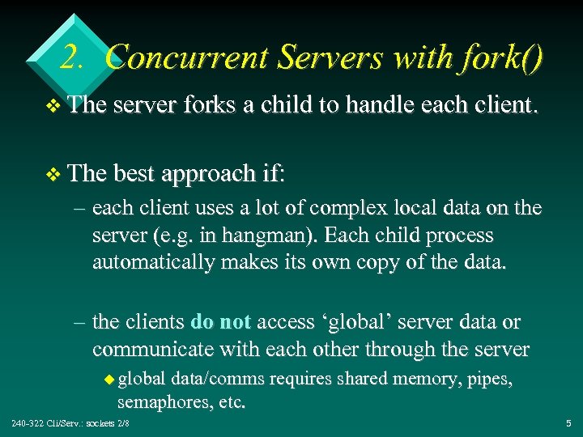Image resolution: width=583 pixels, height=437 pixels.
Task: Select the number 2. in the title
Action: click(75, 57)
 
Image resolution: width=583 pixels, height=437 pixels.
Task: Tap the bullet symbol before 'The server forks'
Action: click(53, 127)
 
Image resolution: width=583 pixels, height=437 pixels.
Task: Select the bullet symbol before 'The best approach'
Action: click(53, 174)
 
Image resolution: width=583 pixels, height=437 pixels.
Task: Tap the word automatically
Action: click(154, 262)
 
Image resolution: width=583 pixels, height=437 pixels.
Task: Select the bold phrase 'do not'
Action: click(220, 322)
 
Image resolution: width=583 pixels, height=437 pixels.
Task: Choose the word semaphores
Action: click(162, 401)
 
